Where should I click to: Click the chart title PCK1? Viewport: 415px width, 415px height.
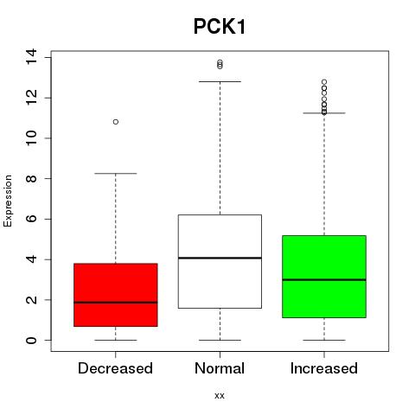(x=220, y=27)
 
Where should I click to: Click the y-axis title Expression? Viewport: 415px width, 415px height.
(x=8, y=201)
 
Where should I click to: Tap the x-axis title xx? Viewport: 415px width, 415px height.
(x=220, y=395)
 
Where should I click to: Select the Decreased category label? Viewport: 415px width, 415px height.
(x=115, y=368)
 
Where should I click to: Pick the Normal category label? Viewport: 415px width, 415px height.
(x=220, y=368)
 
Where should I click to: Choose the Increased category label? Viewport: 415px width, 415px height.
(x=324, y=368)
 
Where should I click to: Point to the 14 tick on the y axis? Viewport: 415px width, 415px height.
(x=31, y=57)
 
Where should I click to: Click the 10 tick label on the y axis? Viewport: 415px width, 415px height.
(x=31, y=138)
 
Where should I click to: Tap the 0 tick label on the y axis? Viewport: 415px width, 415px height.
(x=31, y=340)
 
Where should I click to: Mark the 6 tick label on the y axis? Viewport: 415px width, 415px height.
(x=31, y=219)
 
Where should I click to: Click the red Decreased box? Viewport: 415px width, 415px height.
(x=116, y=295)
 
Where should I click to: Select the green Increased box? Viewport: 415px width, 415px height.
(x=324, y=277)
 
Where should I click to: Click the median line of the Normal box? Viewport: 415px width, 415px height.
(x=220, y=258)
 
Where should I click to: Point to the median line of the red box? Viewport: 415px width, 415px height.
(x=116, y=303)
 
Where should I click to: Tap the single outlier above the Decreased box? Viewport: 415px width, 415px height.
(x=116, y=122)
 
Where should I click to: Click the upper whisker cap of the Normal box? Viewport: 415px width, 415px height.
(x=220, y=81)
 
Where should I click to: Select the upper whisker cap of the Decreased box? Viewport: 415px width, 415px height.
(x=116, y=173)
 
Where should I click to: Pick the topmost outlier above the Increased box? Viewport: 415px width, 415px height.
(x=324, y=82)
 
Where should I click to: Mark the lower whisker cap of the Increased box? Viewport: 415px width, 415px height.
(x=324, y=340)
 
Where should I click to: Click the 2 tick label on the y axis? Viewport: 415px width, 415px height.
(x=31, y=300)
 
